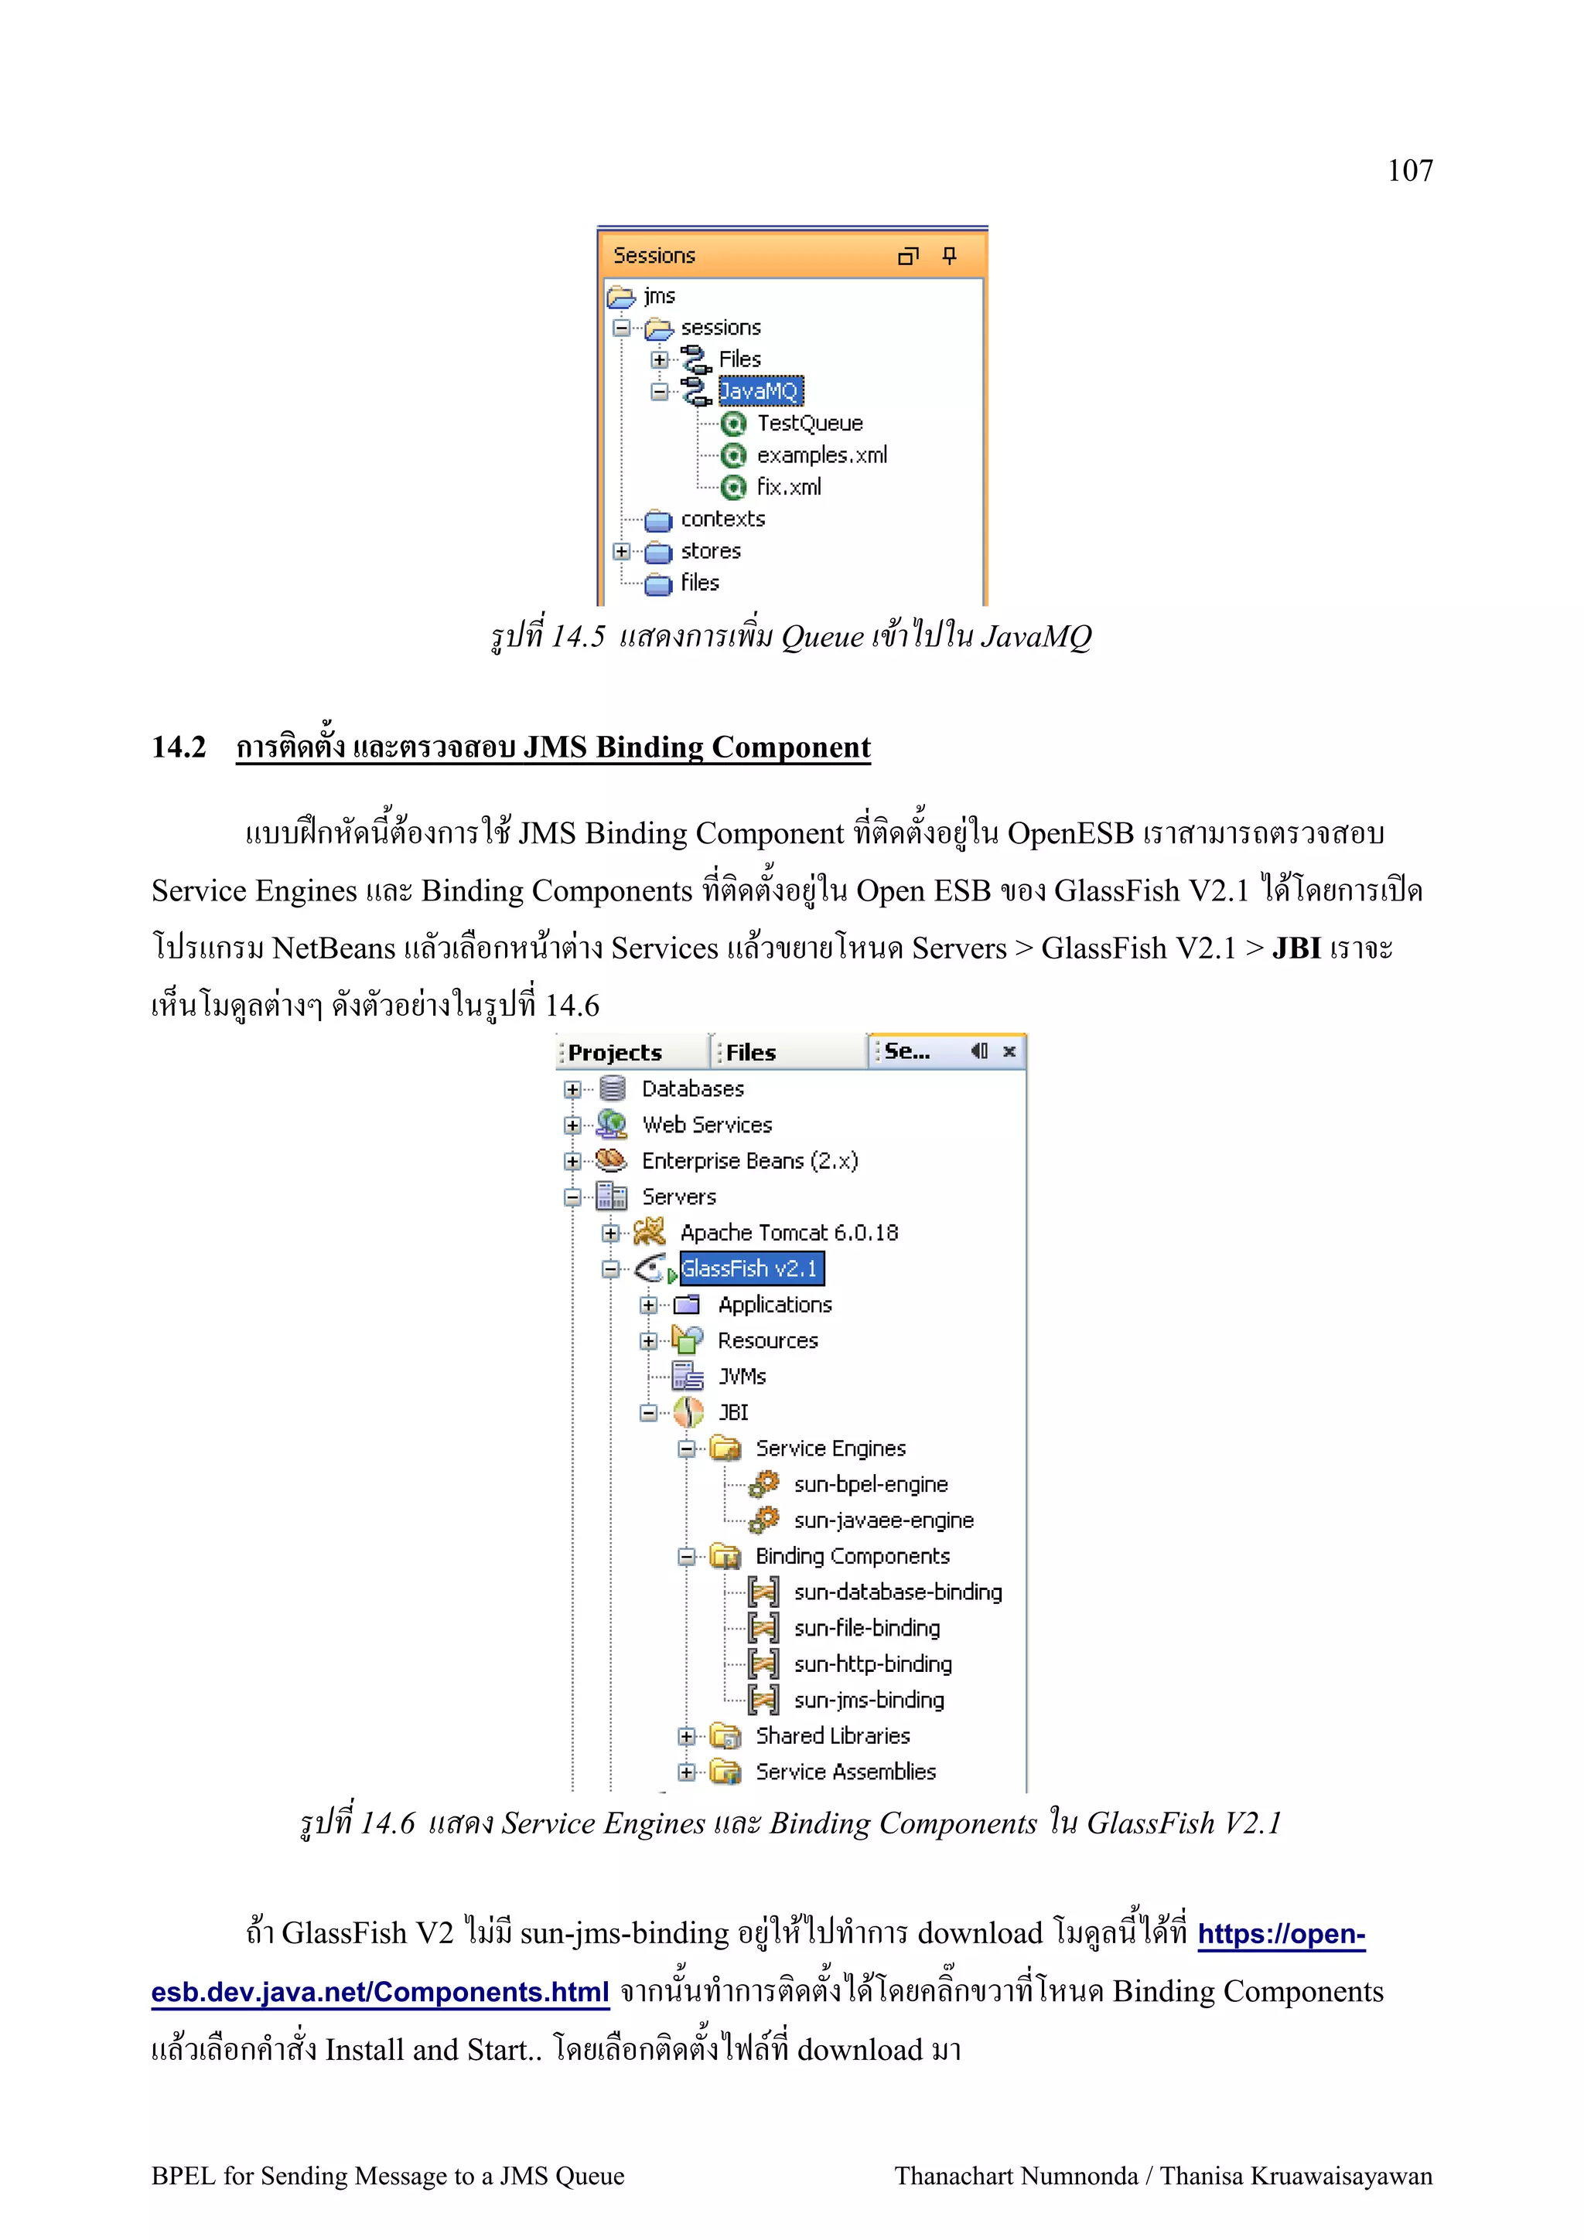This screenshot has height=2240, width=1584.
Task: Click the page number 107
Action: click(x=1409, y=171)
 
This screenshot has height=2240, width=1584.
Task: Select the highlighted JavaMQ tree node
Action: click(x=760, y=391)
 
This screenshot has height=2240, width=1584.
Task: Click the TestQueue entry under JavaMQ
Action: click(x=809, y=424)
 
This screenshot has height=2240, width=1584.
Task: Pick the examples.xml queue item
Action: click(x=821, y=455)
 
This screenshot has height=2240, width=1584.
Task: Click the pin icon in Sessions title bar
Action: click(x=949, y=256)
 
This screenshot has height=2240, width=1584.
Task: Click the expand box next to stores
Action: click(x=621, y=551)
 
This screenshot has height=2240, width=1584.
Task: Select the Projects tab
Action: click(x=615, y=1053)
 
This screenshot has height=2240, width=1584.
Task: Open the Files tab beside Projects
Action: click(x=750, y=1053)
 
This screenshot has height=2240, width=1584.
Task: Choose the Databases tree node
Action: click(x=692, y=1089)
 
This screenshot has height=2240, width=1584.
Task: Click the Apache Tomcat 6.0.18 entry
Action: click(x=789, y=1233)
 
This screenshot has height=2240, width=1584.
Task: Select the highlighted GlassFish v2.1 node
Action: click(x=749, y=1269)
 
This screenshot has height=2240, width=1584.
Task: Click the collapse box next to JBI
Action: click(x=648, y=1413)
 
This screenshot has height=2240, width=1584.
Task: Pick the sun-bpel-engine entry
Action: click(x=871, y=1485)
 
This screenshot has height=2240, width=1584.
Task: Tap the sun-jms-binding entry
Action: click(x=869, y=1700)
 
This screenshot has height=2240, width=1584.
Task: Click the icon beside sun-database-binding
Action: click(x=763, y=1592)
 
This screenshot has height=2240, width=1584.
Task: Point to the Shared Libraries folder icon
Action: click(x=725, y=1737)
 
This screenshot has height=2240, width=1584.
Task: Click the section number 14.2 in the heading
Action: click(x=179, y=747)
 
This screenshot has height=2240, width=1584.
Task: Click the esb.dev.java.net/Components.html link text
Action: click(x=380, y=1992)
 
